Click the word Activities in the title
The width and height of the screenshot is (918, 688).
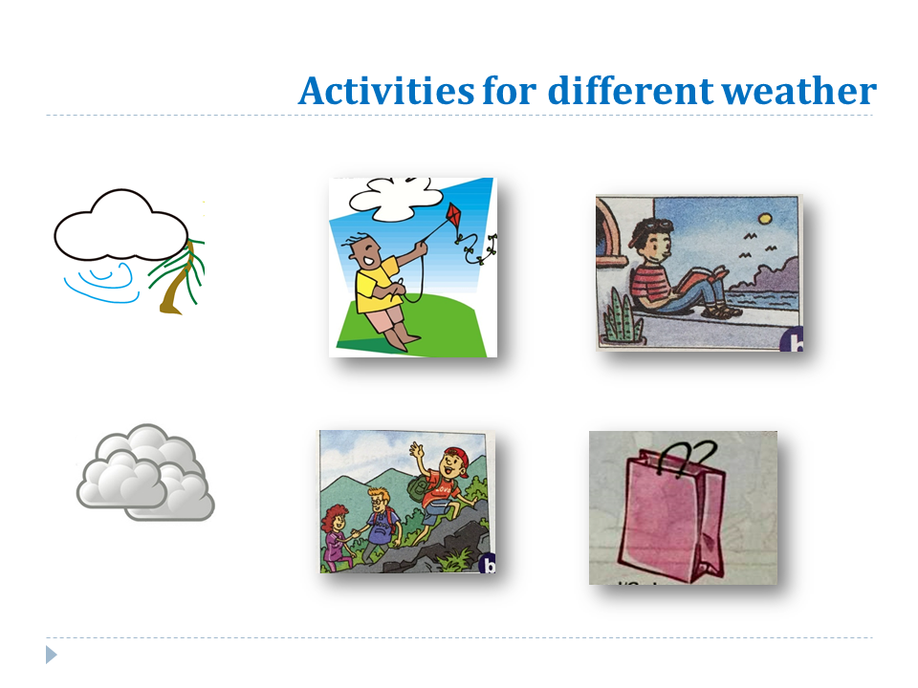(x=385, y=91)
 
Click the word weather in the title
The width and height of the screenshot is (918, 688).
(x=798, y=92)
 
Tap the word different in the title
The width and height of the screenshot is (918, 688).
(x=630, y=91)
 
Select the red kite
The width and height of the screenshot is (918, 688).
(x=454, y=221)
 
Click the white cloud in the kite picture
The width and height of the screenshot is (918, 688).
(x=396, y=199)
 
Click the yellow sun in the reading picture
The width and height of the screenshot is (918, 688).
(x=765, y=219)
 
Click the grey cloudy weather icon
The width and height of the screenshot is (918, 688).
(x=145, y=473)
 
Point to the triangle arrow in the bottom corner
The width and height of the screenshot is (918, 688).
(x=52, y=655)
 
